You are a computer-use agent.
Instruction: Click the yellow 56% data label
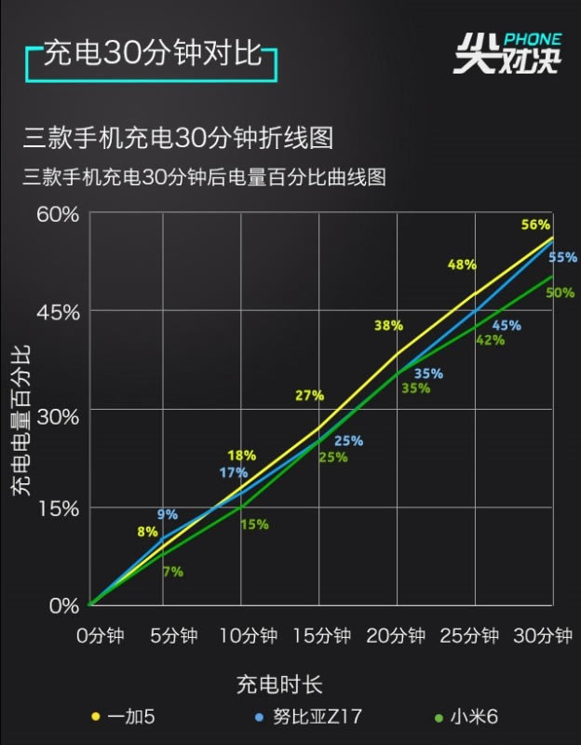pyautogui.click(x=535, y=224)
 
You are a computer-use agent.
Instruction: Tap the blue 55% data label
pyautogui.click(x=562, y=258)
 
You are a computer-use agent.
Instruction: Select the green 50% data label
pyautogui.click(x=560, y=292)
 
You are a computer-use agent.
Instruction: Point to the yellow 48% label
pyautogui.click(x=462, y=264)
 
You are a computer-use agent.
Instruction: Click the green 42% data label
pyautogui.click(x=490, y=340)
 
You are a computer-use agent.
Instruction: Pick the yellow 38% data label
pyautogui.click(x=388, y=325)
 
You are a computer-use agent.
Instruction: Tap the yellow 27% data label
pyautogui.click(x=309, y=395)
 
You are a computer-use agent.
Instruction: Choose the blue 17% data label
pyautogui.click(x=233, y=472)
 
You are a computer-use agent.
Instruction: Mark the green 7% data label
pyautogui.click(x=172, y=572)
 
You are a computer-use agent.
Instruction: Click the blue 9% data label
pyautogui.click(x=168, y=514)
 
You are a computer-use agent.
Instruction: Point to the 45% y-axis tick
pyautogui.click(x=59, y=311)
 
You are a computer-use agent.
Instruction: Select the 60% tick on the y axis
pyautogui.click(x=59, y=214)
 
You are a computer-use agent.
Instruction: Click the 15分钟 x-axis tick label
pyautogui.click(x=321, y=636)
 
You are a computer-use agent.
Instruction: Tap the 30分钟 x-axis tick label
pyautogui.click(x=543, y=636)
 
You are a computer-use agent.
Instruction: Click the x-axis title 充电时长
pyautogui.click(x=278, y=685)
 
